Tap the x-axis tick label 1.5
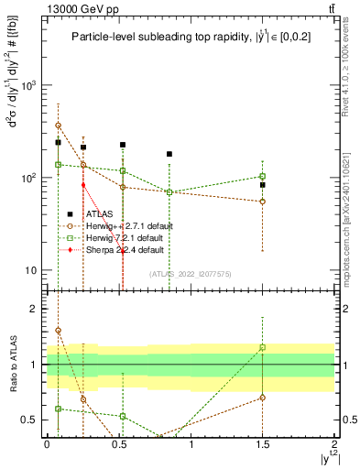pyautogui.click(x=263, y=443)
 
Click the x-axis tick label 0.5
pyautogui.click(x=119, y=443)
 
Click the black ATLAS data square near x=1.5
pyautogui.click(x=263, y=185)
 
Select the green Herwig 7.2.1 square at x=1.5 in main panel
pyautogui.click(x=263, y=176)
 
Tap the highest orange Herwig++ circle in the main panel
pyautogui.click(x=58, y=125)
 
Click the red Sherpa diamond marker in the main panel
pyautogui.click(x=83, y=185)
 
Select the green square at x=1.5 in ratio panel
pyautogui.click(x=263, y=347)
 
